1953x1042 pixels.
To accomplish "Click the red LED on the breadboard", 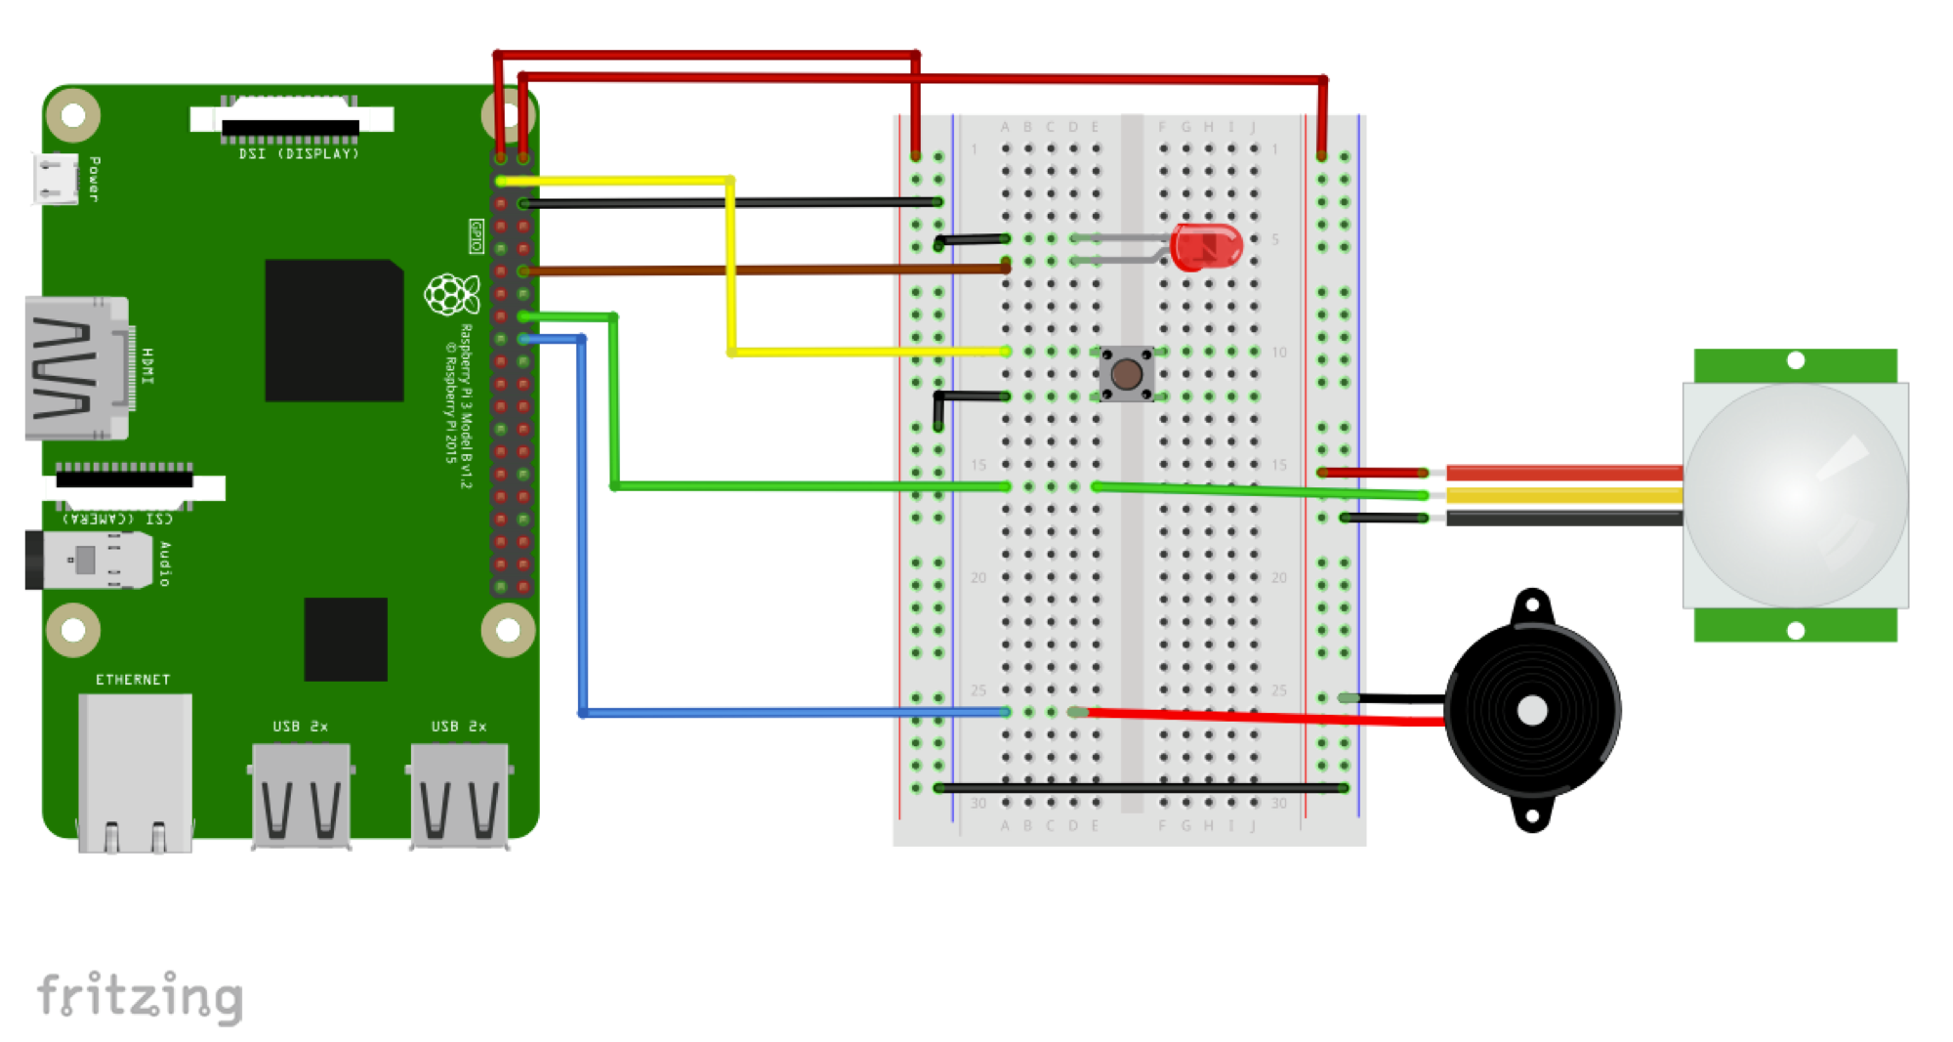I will click(x=1206, y=247).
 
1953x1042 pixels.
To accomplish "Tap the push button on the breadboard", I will click(x=1126, y=373).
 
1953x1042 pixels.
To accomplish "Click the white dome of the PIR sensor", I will click(x=1795, y=494).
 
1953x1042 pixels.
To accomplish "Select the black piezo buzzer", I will click(x=1531, y=710).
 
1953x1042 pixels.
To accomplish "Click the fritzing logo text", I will click(x=140, y=996).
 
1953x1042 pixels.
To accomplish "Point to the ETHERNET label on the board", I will click(x=133, y=680).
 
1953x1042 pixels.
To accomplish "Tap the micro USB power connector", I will click(x=56, y=179).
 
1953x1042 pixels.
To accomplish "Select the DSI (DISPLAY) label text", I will click(x=299, y=154).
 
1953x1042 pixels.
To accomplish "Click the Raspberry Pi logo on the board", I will click(x=451, y=294).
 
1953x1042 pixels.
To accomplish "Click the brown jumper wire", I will click(x=762, y=270).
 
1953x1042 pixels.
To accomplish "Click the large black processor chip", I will click(x=334, y=330).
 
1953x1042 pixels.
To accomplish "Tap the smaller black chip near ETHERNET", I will click(x=346, y=639).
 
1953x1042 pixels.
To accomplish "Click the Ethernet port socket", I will click(x=135, y=771).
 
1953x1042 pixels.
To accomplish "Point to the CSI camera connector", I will click(x=125, y=480).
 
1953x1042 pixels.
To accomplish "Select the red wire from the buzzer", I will click(x=1260, y=717).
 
